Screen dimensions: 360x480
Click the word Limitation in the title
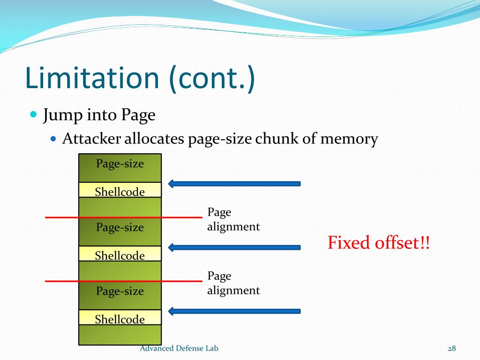(92, 78)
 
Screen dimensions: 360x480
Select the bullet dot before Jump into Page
(33, 114)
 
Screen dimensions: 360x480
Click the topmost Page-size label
(120, 164)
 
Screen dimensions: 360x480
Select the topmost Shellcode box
(120, 191)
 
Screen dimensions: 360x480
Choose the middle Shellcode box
(120, 255)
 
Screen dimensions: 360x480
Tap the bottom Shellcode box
(120, 319)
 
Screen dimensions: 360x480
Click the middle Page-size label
(120, 227)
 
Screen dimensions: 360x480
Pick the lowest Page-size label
(120, 291)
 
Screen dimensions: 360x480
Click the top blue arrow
(234, 183)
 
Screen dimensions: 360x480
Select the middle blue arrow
(234, 247)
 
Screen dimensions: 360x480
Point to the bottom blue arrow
(234, 311)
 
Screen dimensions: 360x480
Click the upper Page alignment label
(233, 219)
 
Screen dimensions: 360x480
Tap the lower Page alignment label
(233, 283)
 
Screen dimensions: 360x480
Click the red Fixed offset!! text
(378, 243)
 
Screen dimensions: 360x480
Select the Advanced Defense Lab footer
(179, 348)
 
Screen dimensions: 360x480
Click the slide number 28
(452, 348)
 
